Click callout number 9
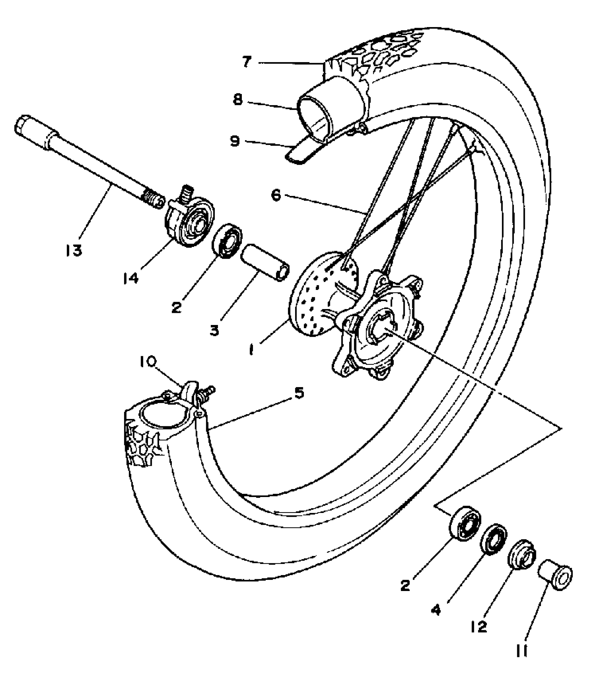(235, 141)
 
